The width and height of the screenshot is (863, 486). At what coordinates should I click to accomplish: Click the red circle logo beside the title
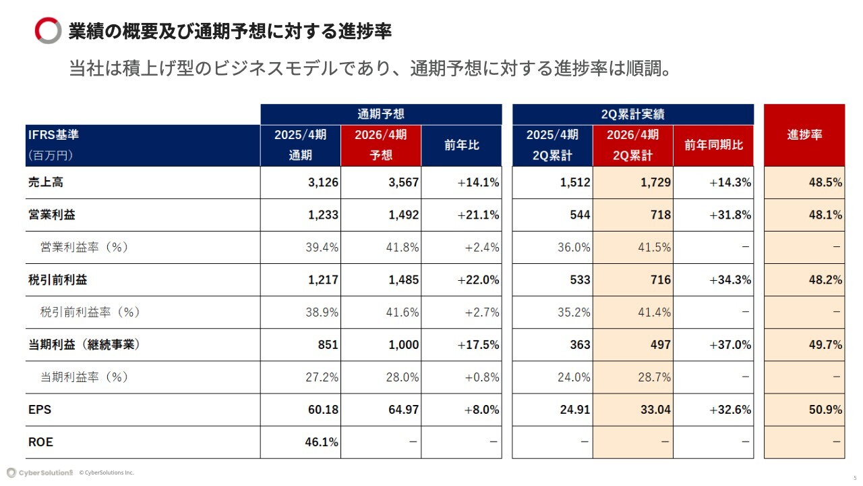(48, 31)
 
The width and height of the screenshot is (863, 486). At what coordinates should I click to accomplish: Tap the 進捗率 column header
(804, 134)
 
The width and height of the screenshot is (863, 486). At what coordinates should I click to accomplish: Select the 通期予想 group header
(381, 114)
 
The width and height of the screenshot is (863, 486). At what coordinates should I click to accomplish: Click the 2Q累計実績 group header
(632, 114)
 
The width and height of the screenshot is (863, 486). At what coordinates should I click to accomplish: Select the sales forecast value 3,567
(404, 182)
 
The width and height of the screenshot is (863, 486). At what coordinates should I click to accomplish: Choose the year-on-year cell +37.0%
(730, 345)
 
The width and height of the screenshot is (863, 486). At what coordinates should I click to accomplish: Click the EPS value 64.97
(403, 410)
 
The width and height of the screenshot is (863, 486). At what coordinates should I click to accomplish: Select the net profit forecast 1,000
(404, 345)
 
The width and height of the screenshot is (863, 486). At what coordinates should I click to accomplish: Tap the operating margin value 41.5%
(655, 247)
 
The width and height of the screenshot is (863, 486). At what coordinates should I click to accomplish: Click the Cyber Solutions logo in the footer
(40, 473)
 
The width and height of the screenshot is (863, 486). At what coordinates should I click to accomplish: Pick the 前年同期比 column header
(713, 145)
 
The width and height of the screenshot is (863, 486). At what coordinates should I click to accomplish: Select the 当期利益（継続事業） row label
(84, 345)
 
